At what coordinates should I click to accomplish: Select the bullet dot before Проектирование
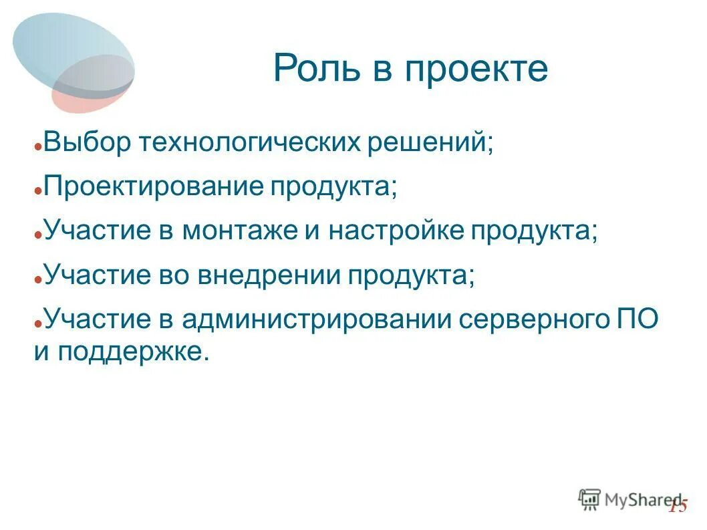tap(39, 190)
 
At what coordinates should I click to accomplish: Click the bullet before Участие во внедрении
tap(39, 279)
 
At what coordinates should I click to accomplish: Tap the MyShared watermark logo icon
tap(589, 499)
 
